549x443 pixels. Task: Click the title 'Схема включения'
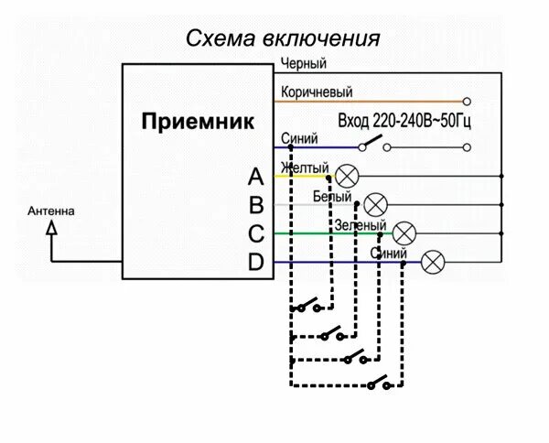tap(283, 38)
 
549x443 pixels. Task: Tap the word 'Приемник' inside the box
tap(199, 122)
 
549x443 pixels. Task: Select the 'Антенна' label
tap(51, 211)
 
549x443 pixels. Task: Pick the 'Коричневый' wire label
tap(317, 92)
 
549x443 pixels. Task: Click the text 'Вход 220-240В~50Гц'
tap(404, 121)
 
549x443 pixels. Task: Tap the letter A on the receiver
tap(256, 176)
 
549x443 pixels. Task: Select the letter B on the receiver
tap(256, 205)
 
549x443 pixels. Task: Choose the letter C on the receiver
tap(256, 233)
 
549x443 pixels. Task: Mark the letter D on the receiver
tap(256, 263)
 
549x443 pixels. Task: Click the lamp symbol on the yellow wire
tap(348, 175)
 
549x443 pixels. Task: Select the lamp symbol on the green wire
tap(404, 233)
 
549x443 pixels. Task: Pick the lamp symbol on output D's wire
tap(434, 263)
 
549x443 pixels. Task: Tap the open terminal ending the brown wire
tap(467, 101)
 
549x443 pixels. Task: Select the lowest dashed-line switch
tap(382, 384)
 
